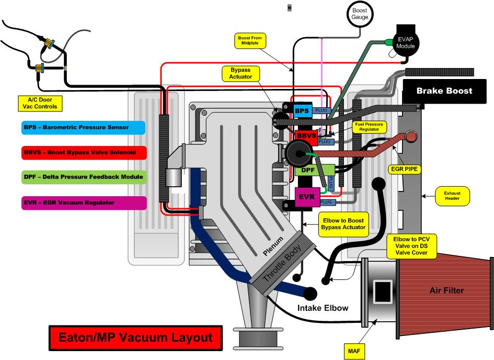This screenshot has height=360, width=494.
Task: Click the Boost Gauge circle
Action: [360, 14]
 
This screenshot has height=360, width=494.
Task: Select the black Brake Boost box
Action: [444, 91]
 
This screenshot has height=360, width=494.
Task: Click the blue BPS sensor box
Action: [302, 111]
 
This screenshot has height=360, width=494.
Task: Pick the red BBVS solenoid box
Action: [305, 136]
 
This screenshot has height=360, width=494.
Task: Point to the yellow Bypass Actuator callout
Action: [241, 73]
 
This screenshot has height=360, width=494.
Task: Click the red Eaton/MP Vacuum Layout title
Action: [135, 337]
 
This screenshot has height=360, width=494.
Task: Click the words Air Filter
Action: [446, 290]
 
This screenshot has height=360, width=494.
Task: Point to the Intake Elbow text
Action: [323, 308]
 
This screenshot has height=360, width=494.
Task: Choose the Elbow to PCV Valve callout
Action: [410, 246]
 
